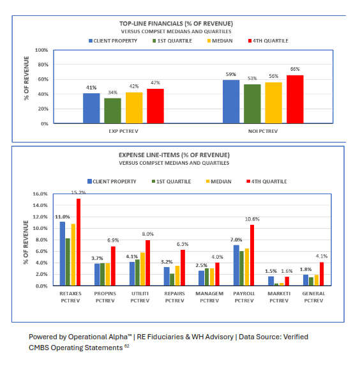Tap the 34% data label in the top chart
pyautogui.click(x=113, y=93)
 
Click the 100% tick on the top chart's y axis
pyautogui.click(x=41, y=50)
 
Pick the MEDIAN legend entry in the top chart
pyautogui.click(x=220, y=40)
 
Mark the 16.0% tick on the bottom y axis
pyautogui.click(x=40, y=194)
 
